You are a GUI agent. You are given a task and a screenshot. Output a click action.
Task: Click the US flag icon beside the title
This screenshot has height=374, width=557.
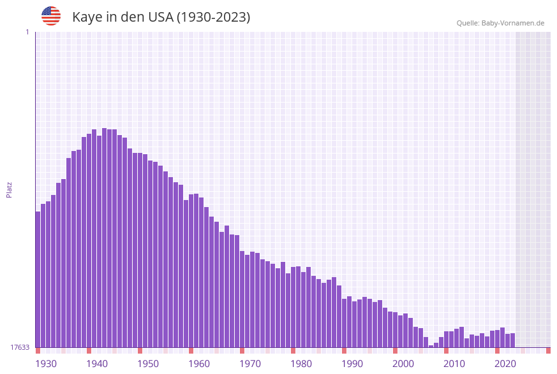(51, 16)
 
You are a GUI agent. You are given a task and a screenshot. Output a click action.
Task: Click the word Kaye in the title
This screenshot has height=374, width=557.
(87, 17)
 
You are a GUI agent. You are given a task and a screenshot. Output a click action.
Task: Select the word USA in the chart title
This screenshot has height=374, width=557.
(157, 17)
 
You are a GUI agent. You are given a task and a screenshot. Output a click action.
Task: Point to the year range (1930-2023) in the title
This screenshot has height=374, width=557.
(213, 17)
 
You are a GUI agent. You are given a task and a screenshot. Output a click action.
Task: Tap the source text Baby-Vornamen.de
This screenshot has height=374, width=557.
(513, 23)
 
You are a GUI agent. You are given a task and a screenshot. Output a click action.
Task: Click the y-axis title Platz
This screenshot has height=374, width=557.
(10, 189)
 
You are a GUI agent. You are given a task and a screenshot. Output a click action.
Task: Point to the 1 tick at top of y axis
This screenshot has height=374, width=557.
(27, 32)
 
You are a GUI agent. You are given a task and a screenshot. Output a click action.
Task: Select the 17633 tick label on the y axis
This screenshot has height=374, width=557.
(20, 347)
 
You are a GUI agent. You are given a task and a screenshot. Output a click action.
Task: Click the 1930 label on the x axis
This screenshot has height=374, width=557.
(46, 363)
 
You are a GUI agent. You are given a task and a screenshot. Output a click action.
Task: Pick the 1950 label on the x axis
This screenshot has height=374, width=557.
(148, 363)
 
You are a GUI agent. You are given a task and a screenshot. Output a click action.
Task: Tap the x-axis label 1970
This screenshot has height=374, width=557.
(250, 363)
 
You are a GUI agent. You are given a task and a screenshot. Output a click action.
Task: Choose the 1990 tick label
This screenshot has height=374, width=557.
(352, 363)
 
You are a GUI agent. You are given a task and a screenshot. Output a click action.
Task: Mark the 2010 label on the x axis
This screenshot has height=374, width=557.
(454, 363)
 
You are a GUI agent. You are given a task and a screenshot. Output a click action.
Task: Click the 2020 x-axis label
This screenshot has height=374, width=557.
(505, 363)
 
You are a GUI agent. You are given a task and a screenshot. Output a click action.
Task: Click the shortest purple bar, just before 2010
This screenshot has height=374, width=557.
(431, 346)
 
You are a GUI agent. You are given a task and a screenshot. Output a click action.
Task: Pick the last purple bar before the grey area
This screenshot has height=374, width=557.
(512, 340)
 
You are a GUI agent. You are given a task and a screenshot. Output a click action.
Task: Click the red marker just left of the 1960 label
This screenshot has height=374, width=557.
(191, 350)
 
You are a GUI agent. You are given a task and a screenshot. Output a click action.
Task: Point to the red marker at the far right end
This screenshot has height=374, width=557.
(548, 350)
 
